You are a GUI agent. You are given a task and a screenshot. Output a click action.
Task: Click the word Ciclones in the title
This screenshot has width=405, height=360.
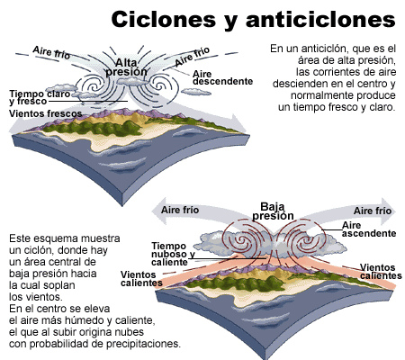pos(164,20)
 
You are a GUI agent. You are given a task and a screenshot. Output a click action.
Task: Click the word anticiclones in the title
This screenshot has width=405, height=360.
pos(320,20)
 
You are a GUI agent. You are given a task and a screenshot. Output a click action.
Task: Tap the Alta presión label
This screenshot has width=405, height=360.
pos(126,67)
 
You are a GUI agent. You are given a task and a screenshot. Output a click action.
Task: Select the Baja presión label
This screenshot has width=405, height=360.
pos(273,211)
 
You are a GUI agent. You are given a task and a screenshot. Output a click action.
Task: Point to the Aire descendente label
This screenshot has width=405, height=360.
pos(222,77)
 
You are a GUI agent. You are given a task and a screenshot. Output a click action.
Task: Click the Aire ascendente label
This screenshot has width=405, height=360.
pos(369,229)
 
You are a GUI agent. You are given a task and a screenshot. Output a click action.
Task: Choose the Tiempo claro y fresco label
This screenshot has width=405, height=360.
pos(40,97)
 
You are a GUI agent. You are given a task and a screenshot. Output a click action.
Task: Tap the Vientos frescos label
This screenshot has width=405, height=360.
pos(45,113)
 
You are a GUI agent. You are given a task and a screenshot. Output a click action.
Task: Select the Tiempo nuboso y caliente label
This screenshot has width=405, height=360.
pos(173,254)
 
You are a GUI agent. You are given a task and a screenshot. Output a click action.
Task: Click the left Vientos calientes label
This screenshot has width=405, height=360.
pos(141,279)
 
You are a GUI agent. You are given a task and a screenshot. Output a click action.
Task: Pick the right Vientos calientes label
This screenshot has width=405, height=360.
pos(381,272)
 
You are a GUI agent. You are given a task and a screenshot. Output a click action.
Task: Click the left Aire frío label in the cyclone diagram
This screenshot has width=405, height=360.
pos(180,210)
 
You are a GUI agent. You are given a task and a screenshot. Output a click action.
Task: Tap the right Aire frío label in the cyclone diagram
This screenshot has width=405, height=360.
pos(373,211)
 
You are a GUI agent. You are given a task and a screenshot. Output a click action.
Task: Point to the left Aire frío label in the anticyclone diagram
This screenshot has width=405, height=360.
pos(51,53)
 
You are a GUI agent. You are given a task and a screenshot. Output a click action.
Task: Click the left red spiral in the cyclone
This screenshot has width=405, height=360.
pos(241,240)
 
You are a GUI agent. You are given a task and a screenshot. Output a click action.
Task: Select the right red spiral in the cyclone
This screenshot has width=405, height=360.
pos(307,240)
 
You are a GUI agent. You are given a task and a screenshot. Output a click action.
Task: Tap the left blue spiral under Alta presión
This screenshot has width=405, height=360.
pos(93,86)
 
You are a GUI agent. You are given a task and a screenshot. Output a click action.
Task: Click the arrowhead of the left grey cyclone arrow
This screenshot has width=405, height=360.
pos(158,211)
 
